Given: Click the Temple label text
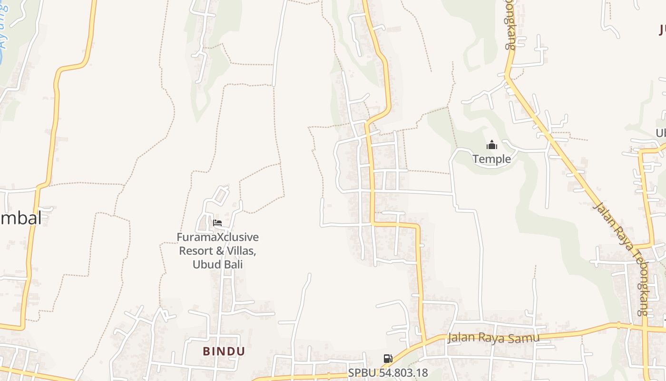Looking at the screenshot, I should click(492, 159).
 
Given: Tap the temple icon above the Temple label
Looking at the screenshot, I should click(492, 145).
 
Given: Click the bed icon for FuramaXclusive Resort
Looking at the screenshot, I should click(217, 222).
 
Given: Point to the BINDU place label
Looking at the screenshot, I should click(224, 351).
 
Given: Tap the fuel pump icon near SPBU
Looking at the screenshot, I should click(388, 359).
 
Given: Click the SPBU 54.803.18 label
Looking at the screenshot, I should click(388, 373).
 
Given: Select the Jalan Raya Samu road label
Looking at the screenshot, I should click(493, 338).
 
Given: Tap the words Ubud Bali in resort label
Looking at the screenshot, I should click(218, 264).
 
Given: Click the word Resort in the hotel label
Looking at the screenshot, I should click(196, 251).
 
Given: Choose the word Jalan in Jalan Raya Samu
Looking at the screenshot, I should click(460, 339).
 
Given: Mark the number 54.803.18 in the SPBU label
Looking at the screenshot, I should click(399, 373).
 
